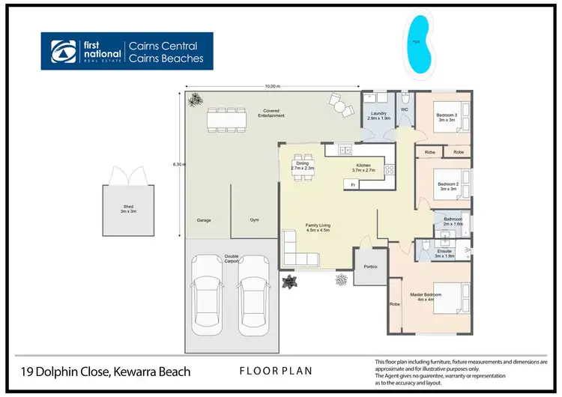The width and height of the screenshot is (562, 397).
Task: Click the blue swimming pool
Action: tap(417, 46)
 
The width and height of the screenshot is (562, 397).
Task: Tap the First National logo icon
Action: tap(61, 51)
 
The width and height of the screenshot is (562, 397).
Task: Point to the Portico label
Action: tap(369, 267)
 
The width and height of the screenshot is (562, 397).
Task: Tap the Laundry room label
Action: tap(378, 115)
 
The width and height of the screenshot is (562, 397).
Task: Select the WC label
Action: tap(404, 110)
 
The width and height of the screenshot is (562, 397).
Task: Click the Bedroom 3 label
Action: tap(447, 117)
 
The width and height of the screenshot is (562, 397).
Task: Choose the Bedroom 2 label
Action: tap(447, 186)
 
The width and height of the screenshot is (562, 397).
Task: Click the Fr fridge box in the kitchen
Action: tap(351, 184)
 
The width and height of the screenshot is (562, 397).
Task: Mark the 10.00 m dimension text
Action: tap(271, 87)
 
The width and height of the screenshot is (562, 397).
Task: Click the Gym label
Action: tap(254, 220)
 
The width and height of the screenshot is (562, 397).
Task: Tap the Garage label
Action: tap(203, 220)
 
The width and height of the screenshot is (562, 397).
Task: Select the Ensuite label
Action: tap(445, 254)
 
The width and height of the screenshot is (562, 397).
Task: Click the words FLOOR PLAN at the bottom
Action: tap(276, 371)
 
